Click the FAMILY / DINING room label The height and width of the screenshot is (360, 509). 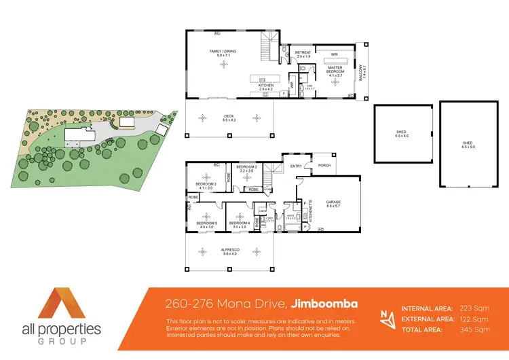click(x=226, y=52)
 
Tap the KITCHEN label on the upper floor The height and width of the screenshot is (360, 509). click(x=265, y=85)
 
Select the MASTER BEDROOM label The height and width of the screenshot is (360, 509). click(x=335, y=69)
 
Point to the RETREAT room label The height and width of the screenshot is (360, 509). click(x=303, y=52)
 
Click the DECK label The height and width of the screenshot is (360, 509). click(x=229, y=116)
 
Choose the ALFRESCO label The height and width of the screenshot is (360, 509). click(x=229, y=250)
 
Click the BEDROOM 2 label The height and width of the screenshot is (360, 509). click(x=246, y=167)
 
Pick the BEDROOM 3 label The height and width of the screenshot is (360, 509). click(x=206, y=185)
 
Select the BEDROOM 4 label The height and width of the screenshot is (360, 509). click(x=240, y=223)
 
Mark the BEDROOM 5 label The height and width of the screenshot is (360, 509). click(x=206, y=223)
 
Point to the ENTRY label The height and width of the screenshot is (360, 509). click(x=297, y=165)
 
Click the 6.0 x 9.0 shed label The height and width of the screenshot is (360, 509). click(x=468, y=144)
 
